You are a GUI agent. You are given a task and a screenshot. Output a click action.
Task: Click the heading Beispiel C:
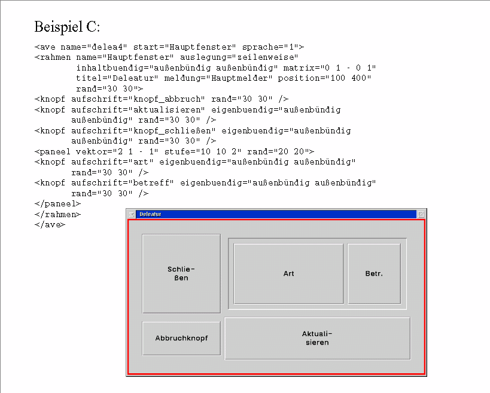67,27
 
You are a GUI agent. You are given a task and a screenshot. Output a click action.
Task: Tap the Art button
288,274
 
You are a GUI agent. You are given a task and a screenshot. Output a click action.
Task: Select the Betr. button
374,274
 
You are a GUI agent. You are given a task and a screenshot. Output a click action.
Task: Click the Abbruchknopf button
181,338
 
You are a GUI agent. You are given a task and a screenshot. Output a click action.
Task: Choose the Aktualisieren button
317,338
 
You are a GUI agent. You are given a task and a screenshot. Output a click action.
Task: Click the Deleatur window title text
150,214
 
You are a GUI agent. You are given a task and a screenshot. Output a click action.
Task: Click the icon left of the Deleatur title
131,214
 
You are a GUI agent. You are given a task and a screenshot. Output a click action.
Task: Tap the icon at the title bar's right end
421,214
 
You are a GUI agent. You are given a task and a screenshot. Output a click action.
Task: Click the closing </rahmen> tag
57,214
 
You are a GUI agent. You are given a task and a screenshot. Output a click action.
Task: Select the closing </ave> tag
50,224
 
